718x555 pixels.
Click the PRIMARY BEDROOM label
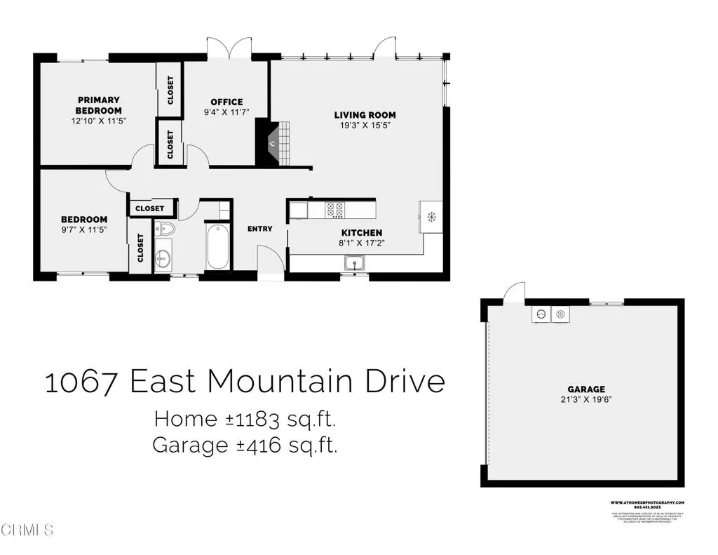(99, 105)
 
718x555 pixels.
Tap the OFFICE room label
(226, 102)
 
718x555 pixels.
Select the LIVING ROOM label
(365, 115)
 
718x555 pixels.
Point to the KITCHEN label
(362, 232)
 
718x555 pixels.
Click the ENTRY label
(259, 229)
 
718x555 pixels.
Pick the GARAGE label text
(586, 389)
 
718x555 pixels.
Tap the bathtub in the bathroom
(217, 246)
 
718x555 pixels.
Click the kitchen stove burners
(334, 209)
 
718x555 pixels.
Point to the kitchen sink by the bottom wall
(355, 264)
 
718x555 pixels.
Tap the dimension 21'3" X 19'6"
(586, 399)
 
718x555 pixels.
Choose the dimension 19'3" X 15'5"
(365, 126)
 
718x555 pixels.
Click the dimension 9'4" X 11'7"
(226, 112)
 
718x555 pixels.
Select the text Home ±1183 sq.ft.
(245, 420)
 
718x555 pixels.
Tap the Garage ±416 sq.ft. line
(245, 445)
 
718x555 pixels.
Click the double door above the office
(229, 49)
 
